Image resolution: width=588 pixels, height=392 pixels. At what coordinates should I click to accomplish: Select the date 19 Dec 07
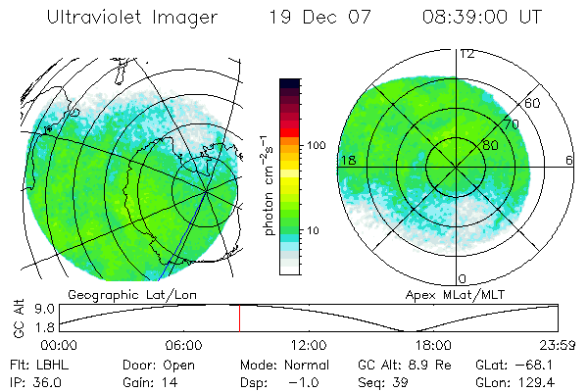321,18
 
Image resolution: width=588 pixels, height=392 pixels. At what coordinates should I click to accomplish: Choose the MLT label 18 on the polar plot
347,160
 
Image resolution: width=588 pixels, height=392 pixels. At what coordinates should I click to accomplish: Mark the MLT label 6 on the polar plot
569,160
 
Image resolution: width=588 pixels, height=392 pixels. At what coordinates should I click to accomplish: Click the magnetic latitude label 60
533,103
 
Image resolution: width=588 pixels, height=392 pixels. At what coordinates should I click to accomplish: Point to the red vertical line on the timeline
239,317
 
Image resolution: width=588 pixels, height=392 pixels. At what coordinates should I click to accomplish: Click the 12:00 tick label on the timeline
309,345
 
